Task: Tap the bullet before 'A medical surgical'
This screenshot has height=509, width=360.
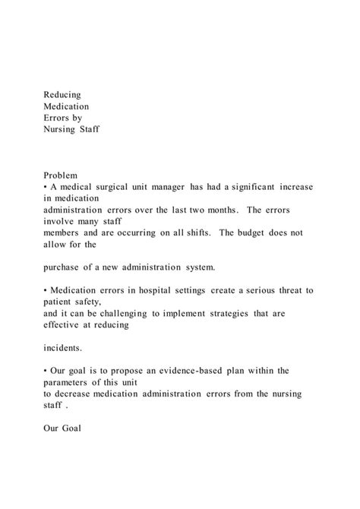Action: click(46, 187)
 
